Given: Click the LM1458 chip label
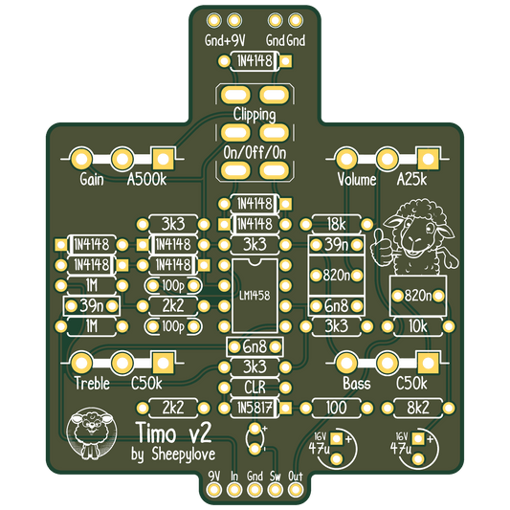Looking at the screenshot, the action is [255, 296].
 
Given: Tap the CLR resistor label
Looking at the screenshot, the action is [255, 388].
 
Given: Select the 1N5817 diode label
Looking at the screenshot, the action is [255, 408].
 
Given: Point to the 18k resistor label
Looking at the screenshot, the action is [336, 224].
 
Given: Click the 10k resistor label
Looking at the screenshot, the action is [417, 326].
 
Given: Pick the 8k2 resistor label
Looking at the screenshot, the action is [417, 408].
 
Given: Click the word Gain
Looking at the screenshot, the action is [92, 179].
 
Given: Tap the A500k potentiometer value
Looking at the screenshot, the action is [146, 179].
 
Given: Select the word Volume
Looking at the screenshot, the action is [357, 179].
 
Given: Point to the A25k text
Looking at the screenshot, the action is [411, 179].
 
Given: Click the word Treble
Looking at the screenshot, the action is [92, 383].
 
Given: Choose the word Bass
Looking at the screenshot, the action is [357, 383].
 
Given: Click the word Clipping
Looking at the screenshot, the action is [255, 115].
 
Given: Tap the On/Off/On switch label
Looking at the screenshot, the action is [255, 152].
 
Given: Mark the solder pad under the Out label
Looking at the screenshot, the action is [296, 489].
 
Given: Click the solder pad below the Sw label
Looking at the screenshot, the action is [275, 489].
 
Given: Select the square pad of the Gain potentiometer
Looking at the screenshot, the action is [163, 160].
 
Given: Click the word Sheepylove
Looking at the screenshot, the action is [183, 455].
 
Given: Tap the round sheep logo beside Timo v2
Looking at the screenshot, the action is [92, 432].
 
